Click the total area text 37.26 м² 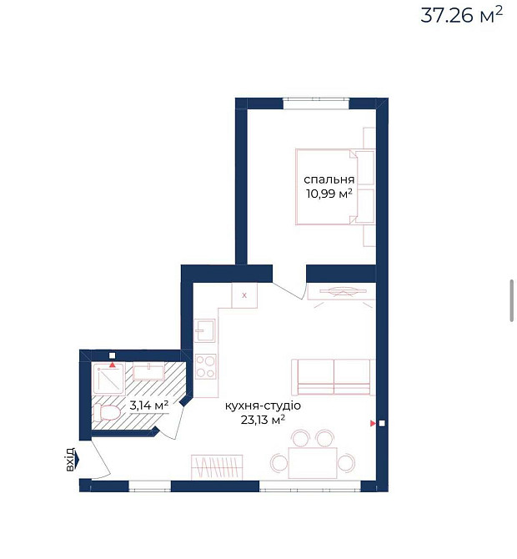click(x=461, y=16)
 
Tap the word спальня click(x=329, y=179)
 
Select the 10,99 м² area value click(x=329, y=194)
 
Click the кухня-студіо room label click(x=263, y=405)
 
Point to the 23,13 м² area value click(x=263, y=420)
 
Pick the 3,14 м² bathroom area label click(x=148, y=405)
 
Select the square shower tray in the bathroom click(x=108, y=380)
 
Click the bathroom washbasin click(x=149, y=371)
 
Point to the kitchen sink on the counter click(x=205, y=332)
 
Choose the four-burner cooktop click(x=205, y=366)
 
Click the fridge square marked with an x click(x=244, y=295)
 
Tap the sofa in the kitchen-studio click(x=333, y=376)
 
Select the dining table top click(x=313, y=461)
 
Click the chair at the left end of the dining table click(x=278, y=461)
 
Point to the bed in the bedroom click(x=325, y=187)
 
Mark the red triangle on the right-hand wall click(x=373, y=424)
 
